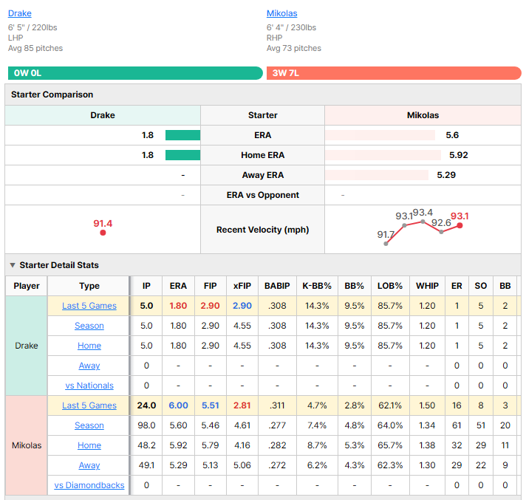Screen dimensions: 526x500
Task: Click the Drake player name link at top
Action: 20,13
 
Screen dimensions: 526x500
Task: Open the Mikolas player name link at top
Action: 281,13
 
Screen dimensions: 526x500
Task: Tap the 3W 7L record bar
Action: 394,73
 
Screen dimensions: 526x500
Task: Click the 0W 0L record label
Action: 27,73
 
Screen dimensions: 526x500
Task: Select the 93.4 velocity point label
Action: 423,213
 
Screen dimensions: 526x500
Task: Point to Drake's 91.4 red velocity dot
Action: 103,233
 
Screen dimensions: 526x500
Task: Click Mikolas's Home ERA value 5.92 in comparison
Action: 459,155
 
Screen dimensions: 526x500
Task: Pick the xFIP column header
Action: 242,286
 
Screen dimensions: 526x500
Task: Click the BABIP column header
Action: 277,286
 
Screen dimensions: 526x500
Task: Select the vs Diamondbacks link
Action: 89,485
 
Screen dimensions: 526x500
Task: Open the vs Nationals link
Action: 89,386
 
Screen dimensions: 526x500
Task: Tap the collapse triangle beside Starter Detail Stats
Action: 13,265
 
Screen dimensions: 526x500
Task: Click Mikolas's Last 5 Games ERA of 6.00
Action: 178,405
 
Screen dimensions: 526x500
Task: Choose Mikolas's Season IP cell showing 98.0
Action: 146,425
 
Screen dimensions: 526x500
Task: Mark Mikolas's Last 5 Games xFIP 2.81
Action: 242,405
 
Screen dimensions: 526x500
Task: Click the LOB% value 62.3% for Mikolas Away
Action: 390,465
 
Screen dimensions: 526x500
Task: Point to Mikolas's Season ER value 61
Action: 457,425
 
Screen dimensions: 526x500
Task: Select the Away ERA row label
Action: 263,175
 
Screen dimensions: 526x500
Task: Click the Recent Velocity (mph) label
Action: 263,230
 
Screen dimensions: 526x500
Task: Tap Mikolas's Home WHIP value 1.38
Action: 427,445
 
